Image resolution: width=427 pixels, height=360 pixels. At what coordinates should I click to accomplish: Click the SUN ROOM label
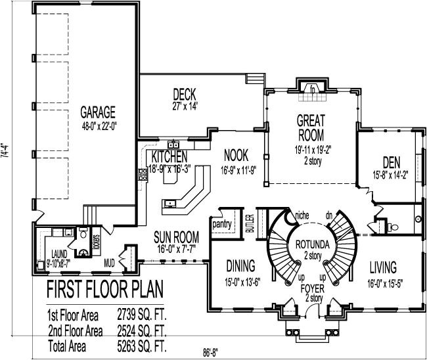coord(176,235)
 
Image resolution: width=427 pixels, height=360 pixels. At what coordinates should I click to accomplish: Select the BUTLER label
coord(250,225)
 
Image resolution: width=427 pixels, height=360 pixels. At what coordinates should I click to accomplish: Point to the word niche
coord(302,214)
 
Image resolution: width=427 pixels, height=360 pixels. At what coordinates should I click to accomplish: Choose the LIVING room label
coord(383,267)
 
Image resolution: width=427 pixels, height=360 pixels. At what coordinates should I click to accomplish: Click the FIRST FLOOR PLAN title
coord(104,290)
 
